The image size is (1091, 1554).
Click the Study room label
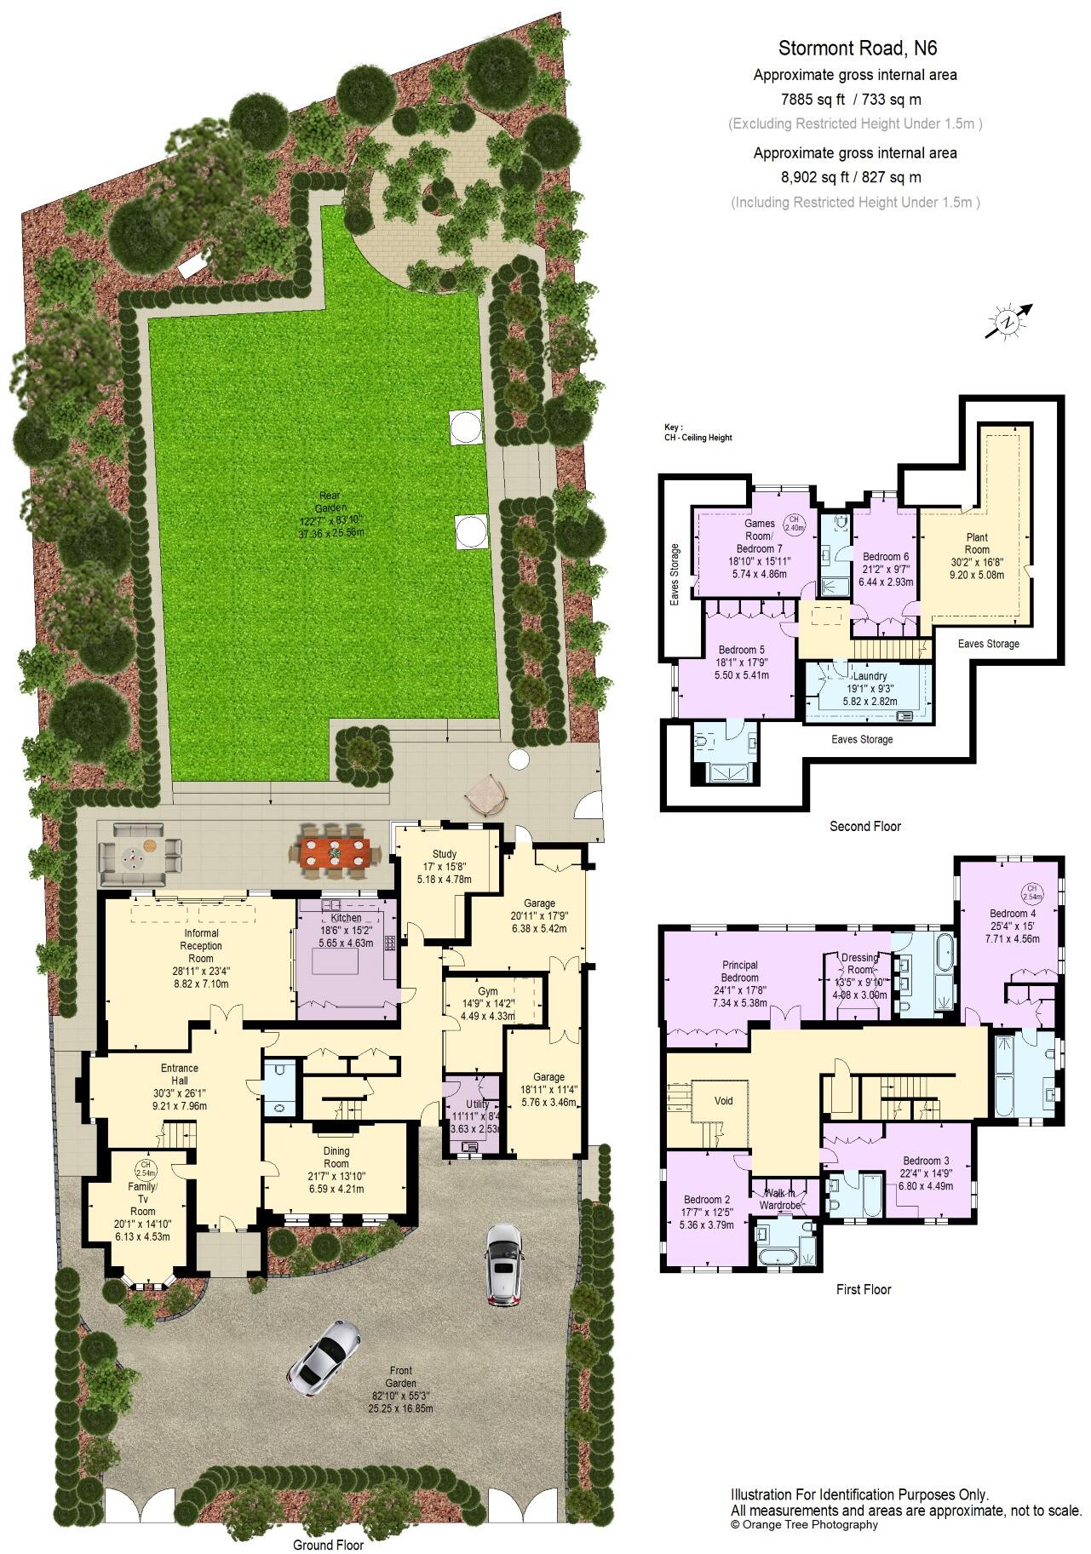445,854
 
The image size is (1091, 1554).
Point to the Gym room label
488,992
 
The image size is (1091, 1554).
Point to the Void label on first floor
723,1101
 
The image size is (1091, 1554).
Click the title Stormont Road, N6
858,49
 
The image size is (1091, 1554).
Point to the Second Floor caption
864,826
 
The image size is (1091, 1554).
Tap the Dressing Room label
858,964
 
